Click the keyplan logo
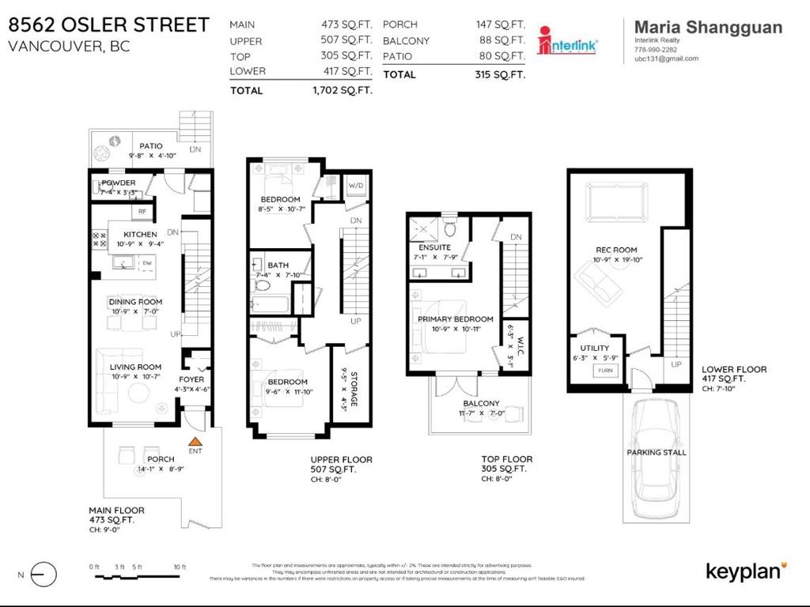[745, 571]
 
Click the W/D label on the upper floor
[356, 186]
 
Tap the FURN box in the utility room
[605, 370]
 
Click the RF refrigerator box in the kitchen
[142, 212]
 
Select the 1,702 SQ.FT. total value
[343, 91]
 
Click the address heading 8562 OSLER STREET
[109, 25]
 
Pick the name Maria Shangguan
[709, 28]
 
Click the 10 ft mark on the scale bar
[179, 567]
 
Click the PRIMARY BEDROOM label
[456, 319]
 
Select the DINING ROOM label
[135, 301]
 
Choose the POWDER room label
[119, 183]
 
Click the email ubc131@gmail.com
[666, 58]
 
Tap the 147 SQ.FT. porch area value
[501, 25]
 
